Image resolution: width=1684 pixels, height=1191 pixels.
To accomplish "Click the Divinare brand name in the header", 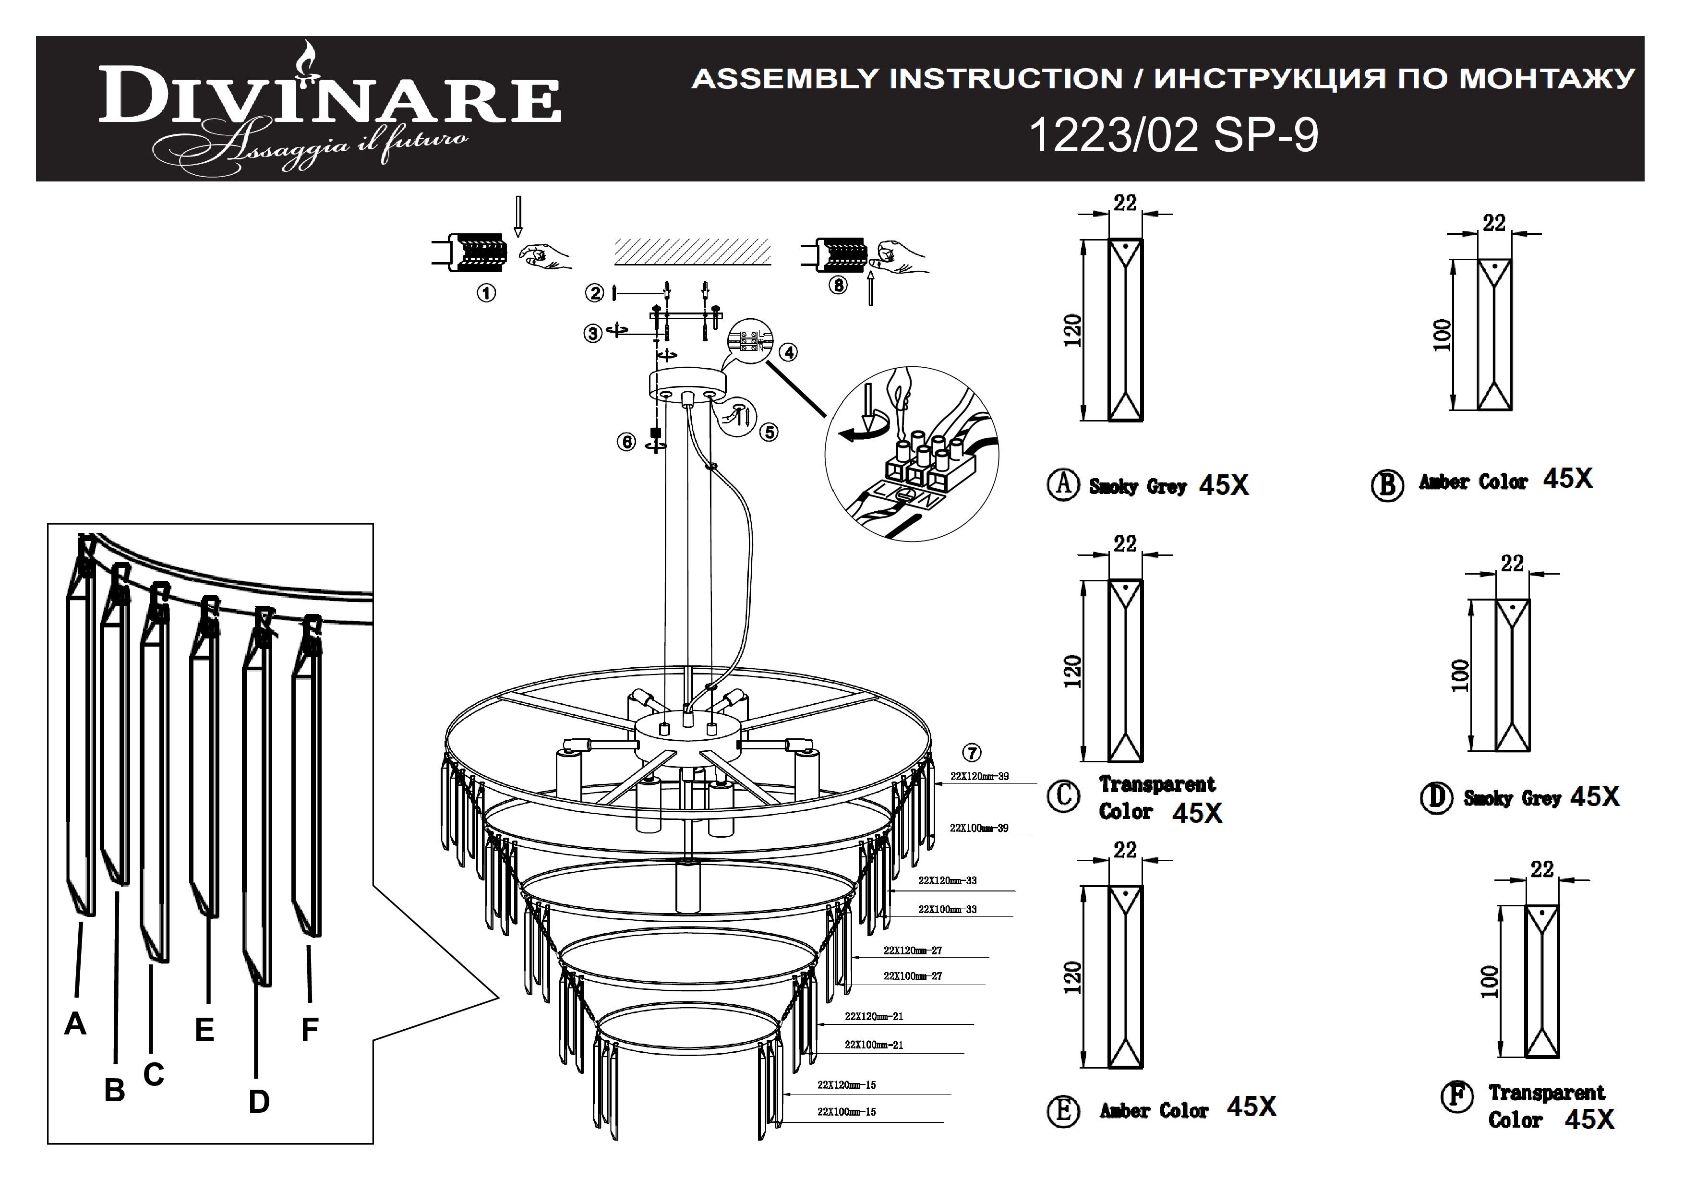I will (330, 96).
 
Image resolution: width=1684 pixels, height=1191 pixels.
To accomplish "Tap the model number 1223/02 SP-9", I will (1174, 136).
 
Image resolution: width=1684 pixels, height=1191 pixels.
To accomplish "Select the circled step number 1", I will (486, 293).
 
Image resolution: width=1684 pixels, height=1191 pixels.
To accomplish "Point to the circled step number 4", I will (788, 353).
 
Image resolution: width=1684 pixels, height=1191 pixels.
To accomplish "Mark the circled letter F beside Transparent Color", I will (1456, 1097).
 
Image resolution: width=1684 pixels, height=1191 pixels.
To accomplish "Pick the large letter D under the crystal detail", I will (259, 1102).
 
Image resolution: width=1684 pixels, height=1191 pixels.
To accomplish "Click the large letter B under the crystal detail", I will (114, 1091).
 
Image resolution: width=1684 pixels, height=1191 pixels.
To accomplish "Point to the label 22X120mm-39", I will (979, 776).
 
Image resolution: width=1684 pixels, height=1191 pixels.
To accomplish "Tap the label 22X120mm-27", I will (913, 950).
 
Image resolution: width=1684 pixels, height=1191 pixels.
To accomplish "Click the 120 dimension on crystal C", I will (1072, 671).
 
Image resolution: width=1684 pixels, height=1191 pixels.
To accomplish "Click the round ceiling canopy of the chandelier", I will (687, 385).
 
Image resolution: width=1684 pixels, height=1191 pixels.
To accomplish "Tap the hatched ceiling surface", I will (692, 252).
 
